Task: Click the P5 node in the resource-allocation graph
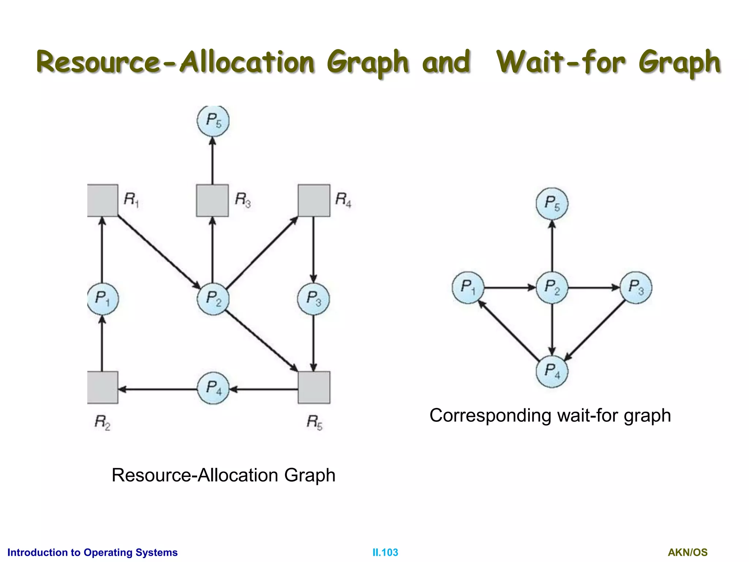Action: pyautogui.click(x=213, y=121)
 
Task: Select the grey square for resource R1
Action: pyautogui.click(x=102, y=200)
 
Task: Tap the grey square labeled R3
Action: pyautogui.click(x=212, y=200)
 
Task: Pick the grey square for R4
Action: pyautogui.click(x=314, y=200)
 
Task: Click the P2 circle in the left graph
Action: pyautogui.click(x=213, y=299)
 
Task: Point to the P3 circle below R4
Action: pyautogui.click(x=313, y=299)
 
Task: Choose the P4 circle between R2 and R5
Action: pyautogui.click(x=213, y=388)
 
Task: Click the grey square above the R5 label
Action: pyautogui.click(x=314, y=387)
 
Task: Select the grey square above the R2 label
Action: pyautogui.click(x=102, y=387)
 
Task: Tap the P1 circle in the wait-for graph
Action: pyautogui.click(x=468, y=288)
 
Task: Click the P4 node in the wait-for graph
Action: pyautogui.click(x=552, y=371)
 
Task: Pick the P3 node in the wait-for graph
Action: pyautogui.click(x=636, y=288)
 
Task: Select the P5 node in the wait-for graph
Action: pyautogui.click(x=552, y=204)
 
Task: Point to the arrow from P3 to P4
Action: pyautogui.click(x=595, y=329)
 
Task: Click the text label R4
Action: pyautogui.click(x=343, y=200)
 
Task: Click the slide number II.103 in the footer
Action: pyautogui.click(x=385, y=552)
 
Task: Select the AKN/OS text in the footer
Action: pyautogui.click(x=688, y=552)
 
